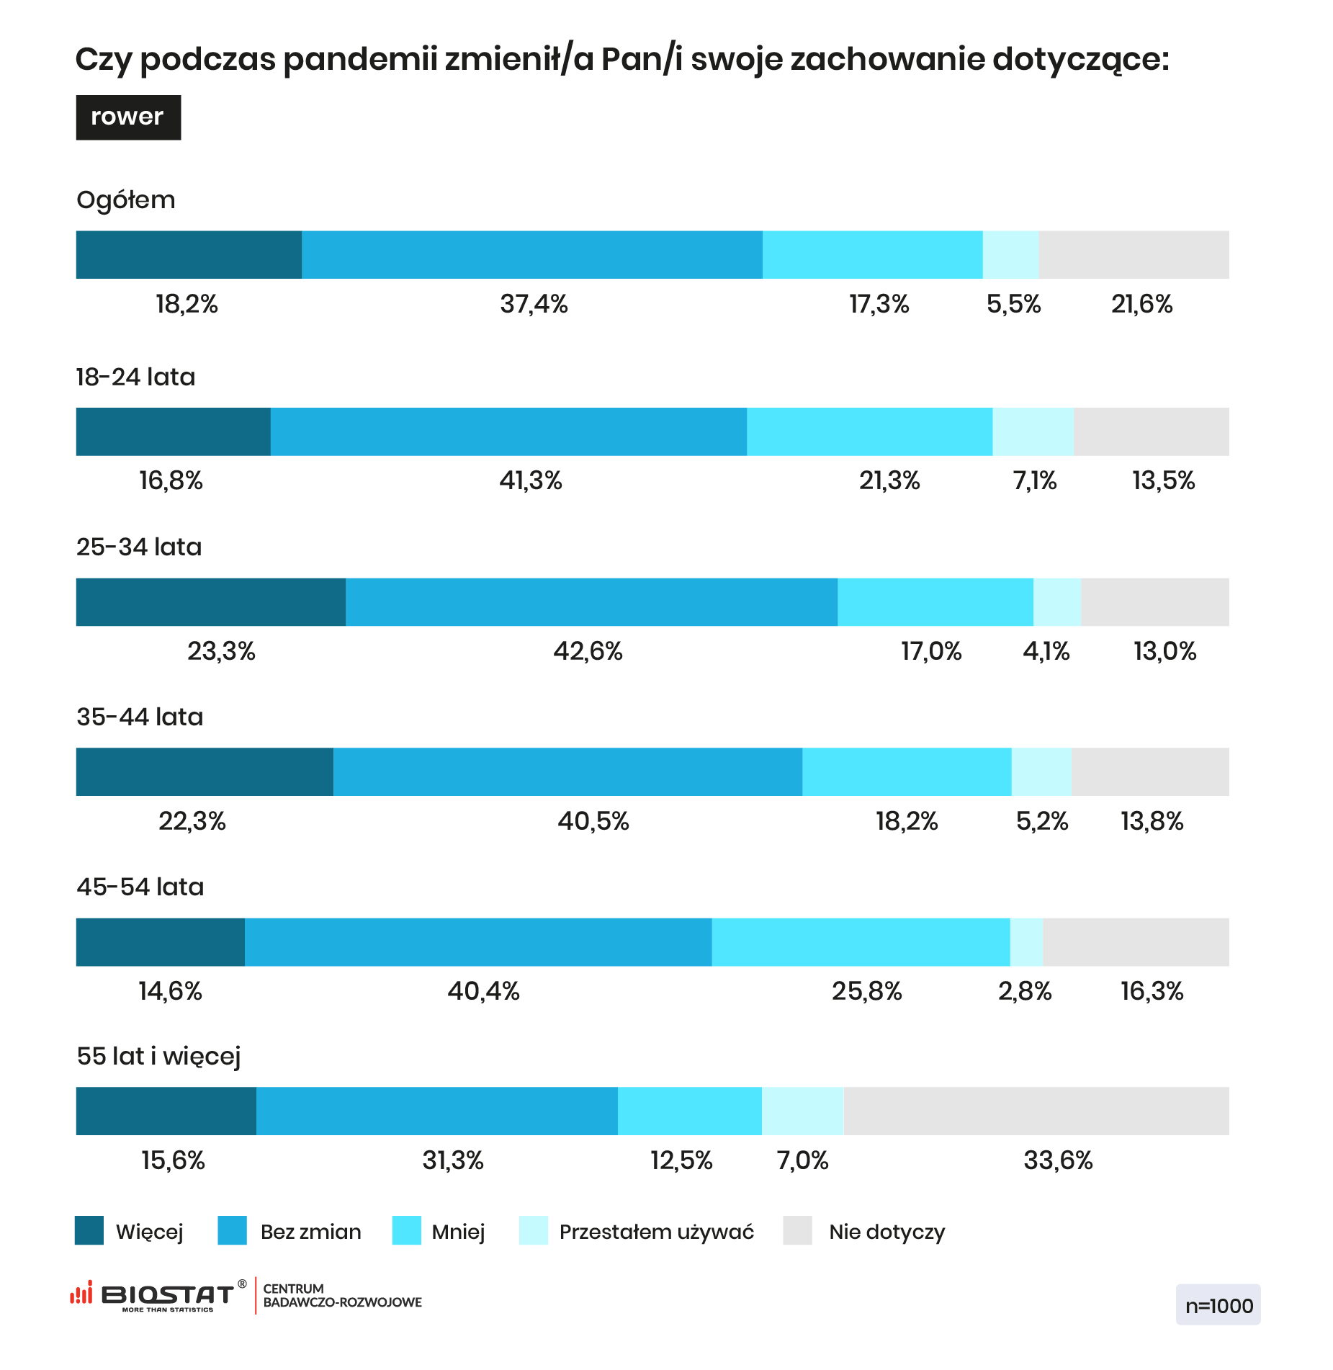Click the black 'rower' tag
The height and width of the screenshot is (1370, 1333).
click(x=128, y=117)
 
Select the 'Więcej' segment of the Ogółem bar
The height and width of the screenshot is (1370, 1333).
click(x=189, y=255)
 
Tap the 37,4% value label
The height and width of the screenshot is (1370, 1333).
click(x=534, y=305)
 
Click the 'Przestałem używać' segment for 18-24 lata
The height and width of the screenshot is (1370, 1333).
click(x=1033, y=431)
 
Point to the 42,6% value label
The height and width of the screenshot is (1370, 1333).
click(x=588, y=652)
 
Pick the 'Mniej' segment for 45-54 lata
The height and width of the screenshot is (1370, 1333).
click(x=861, y=942)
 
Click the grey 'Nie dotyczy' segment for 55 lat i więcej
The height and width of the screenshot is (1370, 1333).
click(x=1036, y=1111)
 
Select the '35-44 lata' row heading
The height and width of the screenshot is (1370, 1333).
click(x=140, y=717)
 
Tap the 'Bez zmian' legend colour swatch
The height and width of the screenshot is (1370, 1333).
click(x=232, y=1230)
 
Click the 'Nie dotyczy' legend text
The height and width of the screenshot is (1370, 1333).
click(x=887, y=1232)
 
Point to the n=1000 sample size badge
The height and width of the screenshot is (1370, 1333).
click(x=1218, y=1304)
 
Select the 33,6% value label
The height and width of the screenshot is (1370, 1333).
click(x=1058, y=1161)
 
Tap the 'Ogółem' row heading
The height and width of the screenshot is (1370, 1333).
click(x=126, y=200)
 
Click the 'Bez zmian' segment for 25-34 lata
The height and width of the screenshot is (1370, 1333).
click(x=591, y=602)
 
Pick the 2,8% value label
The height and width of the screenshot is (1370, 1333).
click(x=1024, y=992)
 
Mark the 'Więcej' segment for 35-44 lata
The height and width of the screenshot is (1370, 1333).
click(x=205, y=772)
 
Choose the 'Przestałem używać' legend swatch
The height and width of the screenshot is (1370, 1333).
click(x=534, y=1230)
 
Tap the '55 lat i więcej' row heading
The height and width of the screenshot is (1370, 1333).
click(x=158, y=1057)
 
